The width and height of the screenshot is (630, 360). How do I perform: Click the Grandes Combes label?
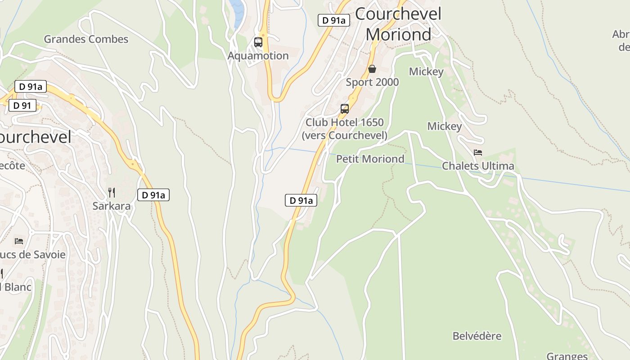86,39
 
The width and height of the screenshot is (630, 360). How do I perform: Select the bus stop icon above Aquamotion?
258,42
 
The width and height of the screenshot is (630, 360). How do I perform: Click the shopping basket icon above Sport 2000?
372,69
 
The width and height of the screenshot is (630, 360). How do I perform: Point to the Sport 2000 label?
372,82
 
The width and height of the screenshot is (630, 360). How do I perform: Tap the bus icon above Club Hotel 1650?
344,108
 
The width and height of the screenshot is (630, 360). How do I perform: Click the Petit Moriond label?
370,159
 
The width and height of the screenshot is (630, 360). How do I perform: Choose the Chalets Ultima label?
478,166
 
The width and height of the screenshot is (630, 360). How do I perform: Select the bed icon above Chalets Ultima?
478,153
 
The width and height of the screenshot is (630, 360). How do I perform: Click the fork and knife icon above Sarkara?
112,193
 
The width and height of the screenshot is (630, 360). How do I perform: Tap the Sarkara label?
112,206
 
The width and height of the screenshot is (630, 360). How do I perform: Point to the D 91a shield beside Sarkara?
153,195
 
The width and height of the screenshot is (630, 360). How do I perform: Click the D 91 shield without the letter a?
22,106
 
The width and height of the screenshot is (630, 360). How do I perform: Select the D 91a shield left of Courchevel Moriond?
334,20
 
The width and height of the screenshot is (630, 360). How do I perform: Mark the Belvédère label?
477,336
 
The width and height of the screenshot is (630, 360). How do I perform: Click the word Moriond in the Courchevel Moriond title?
399,34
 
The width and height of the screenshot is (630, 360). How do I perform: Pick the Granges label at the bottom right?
567,356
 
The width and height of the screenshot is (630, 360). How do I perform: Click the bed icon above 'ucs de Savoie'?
19,241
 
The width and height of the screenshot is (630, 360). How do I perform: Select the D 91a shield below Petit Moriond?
301,201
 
